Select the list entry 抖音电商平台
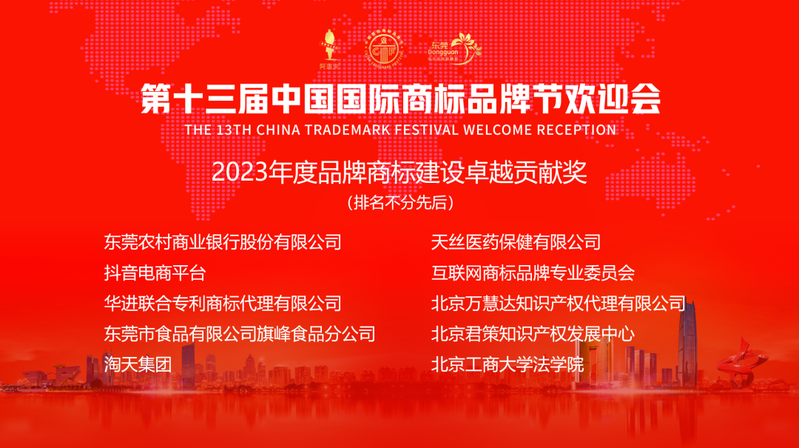coord(155,273)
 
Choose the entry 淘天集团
coord(138,364)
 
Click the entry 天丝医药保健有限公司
coord(516,241)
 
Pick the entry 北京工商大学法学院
coord(508,364)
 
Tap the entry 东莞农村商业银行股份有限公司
coord(223,241)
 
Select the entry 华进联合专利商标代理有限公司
coord(223,303)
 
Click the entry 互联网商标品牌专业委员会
coord(533,273)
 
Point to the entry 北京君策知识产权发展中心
coord(533,334)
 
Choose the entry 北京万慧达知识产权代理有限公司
coord(559,303)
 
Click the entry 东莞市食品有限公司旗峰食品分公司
coord(240,334)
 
